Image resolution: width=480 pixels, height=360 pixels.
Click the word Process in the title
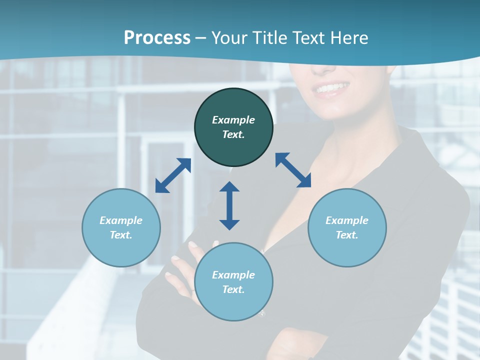pos(157,38)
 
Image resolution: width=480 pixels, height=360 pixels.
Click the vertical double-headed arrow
pos(229,205)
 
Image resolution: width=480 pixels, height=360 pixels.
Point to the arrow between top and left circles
pos(173,175)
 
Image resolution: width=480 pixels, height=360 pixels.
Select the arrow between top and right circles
pos(293,170)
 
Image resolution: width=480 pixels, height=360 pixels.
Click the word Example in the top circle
pos(233,120)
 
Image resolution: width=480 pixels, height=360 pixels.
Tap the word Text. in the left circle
pos(121,235)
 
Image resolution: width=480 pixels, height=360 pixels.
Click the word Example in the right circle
pos(347,220)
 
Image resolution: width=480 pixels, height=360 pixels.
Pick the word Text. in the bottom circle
pos(233,289)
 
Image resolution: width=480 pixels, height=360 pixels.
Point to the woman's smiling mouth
pos(331,89)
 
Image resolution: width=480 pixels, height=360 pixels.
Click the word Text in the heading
pos(309,38)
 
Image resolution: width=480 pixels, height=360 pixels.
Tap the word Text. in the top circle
pos(233,134)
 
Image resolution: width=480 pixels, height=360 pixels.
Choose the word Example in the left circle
pos(121,220)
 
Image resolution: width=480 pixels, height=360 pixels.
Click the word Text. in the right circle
pos(347,235)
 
